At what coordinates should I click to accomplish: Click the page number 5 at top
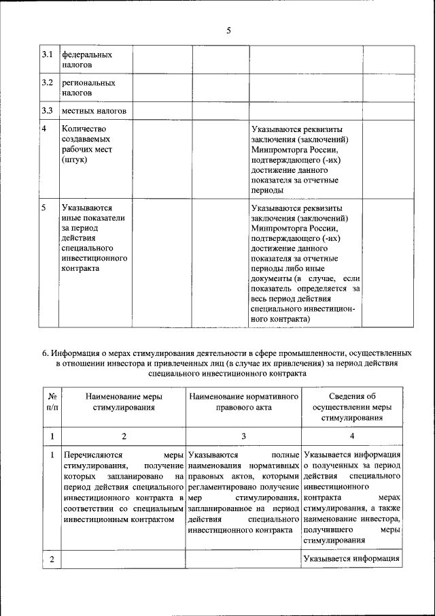tap(228, 30)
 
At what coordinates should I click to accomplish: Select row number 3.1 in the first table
tap(47, 54)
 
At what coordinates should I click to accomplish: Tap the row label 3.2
tap(47, 82)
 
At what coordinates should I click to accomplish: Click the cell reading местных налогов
tap(94, 110)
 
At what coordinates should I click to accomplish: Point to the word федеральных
tap(87, 54)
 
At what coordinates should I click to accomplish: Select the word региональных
tap(88, 82)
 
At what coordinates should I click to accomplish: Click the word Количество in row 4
tap(84, 129)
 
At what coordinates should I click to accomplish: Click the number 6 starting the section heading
tap(44, 353)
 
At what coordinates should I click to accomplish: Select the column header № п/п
tap(52, 402)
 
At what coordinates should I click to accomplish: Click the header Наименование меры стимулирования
tap(123, 402)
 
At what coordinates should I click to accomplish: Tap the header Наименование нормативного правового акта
tap(243, 402)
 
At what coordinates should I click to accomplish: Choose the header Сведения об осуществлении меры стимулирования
tap(351, 407)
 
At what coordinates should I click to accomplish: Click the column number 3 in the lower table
tap(243, 436)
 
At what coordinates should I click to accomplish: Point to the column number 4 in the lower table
tap(351, 436)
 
